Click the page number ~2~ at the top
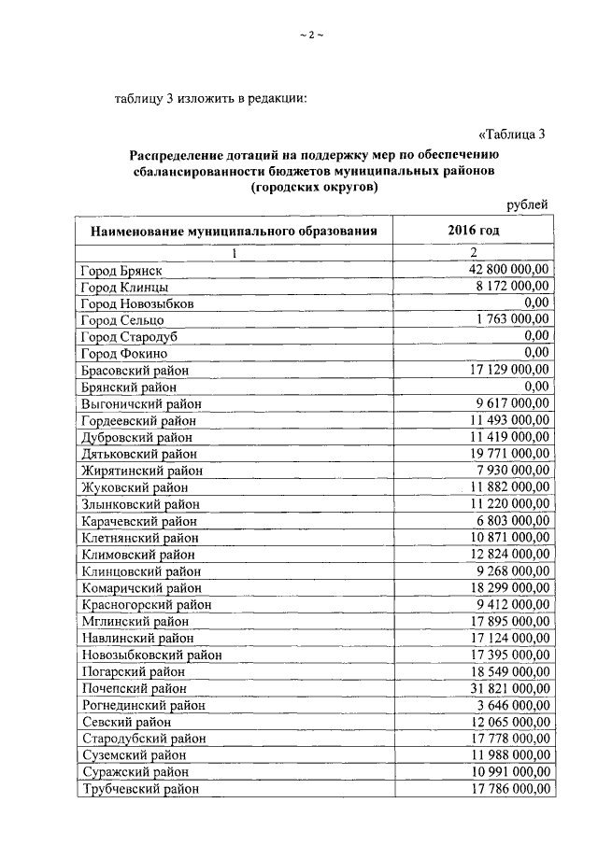pyautogui.click(x=310, y=35)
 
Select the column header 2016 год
pyautogui.click(x=474, y=229)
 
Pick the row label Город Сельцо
pyautogui.click(x=122, y=320)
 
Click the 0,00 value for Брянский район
pyautogui.click(x=536, y=386)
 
